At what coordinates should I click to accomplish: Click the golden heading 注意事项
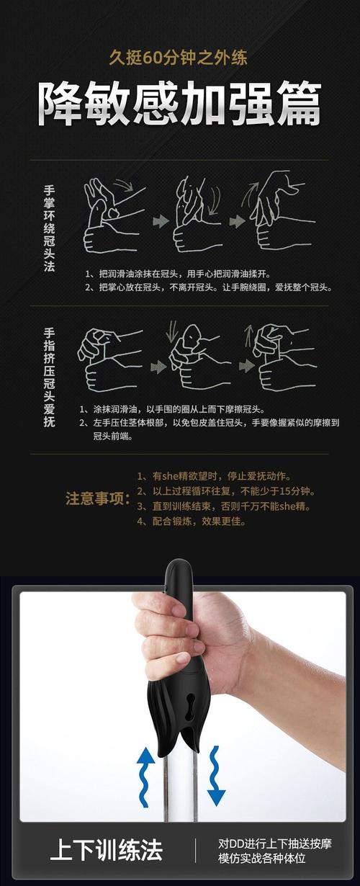tap(97, 499)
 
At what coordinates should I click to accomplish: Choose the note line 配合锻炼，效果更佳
tap(191, 522)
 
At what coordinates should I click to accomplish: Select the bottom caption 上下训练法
tap(106, 849)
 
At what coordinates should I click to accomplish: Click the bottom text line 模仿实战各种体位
tap(262, 858)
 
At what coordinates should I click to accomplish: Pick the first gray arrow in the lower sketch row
tap(158, 367)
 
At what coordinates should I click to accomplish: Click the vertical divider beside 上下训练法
tap(195, 850)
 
